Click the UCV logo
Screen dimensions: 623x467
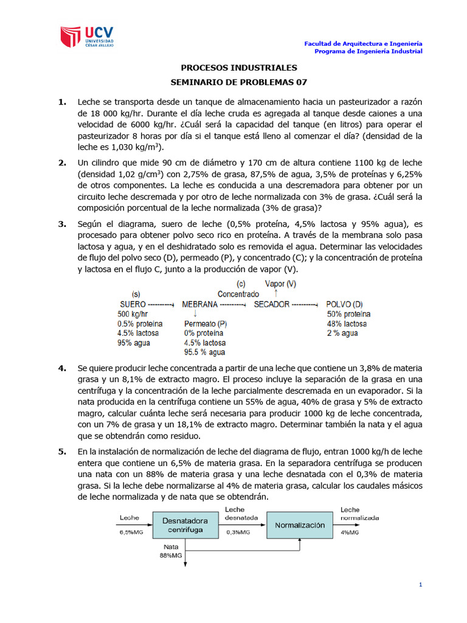86,38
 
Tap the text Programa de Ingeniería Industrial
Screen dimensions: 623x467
368,51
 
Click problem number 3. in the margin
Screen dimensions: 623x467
62,224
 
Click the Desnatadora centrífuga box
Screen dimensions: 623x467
185,525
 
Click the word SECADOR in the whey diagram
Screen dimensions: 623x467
272,304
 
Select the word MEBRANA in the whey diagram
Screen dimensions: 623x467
199,304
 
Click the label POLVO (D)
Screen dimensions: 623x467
345,304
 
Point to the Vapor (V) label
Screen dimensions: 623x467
281,284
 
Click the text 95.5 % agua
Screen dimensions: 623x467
204,352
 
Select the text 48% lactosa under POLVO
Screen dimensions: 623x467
347,324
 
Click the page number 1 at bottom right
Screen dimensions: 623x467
420,585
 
